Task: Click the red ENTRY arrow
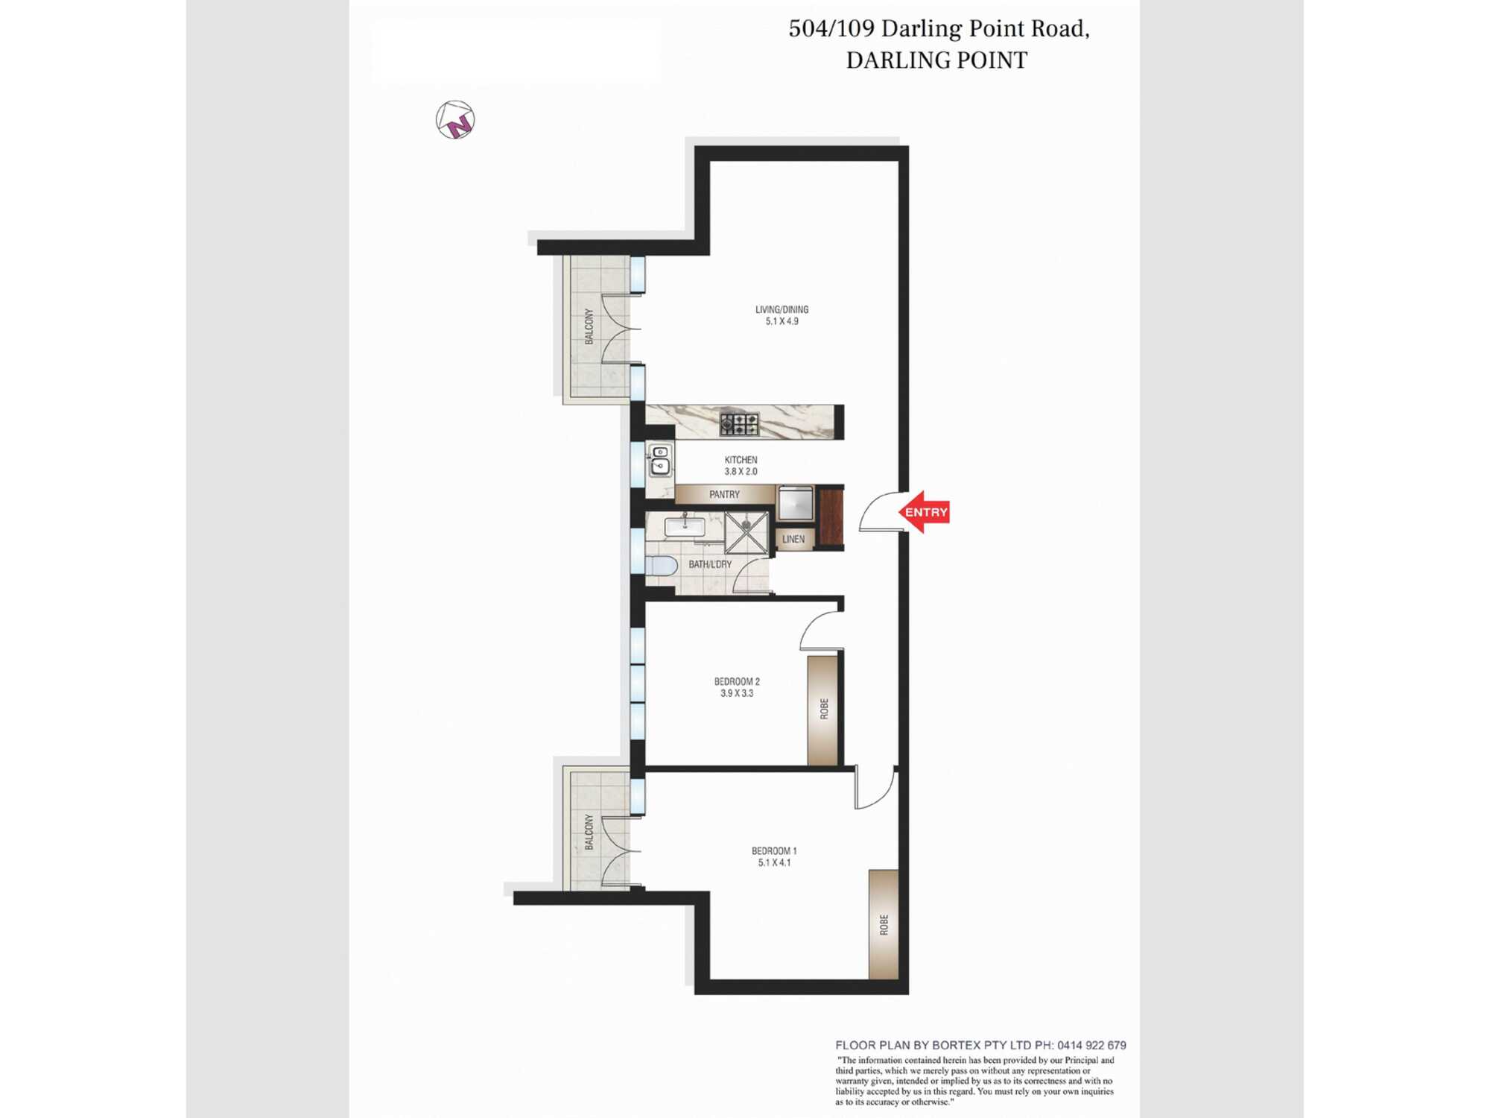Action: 924,512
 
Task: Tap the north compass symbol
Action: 455,120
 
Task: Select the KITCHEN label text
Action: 741,460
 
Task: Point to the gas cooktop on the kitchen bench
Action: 739,424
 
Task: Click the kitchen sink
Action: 660,461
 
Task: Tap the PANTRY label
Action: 724,494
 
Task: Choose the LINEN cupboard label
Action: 793,539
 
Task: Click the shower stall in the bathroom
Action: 746,533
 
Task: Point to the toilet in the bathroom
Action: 660,565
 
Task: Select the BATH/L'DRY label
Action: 710,564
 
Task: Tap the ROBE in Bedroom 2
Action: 822,710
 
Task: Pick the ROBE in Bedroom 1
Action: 884,924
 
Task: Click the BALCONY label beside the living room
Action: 589,326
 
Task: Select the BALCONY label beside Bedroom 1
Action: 589,832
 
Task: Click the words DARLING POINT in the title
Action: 936,60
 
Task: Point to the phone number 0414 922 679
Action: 1091,1045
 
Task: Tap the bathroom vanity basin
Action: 685,526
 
